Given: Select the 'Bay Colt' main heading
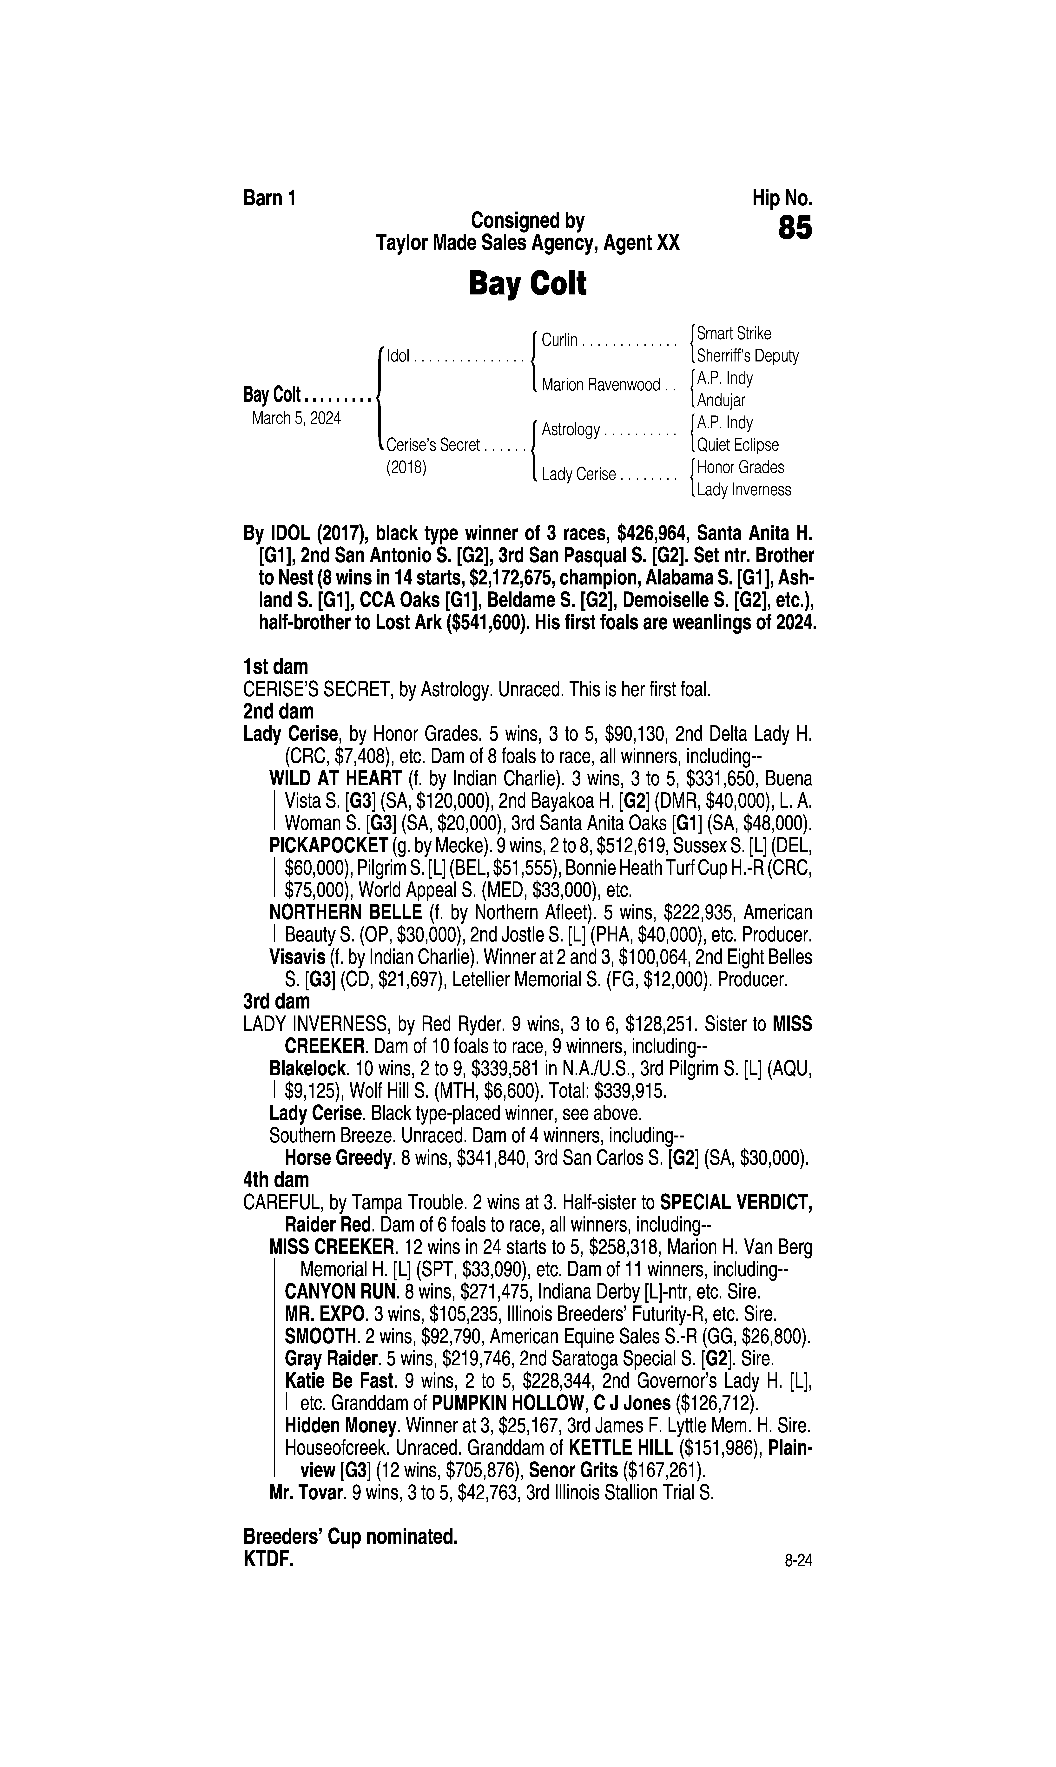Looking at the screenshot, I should click(527, 284).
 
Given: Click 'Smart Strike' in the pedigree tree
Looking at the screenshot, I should click(734, 333).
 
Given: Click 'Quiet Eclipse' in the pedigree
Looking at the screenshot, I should click(737, 445).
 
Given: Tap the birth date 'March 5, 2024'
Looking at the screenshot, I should click(296, 418).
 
